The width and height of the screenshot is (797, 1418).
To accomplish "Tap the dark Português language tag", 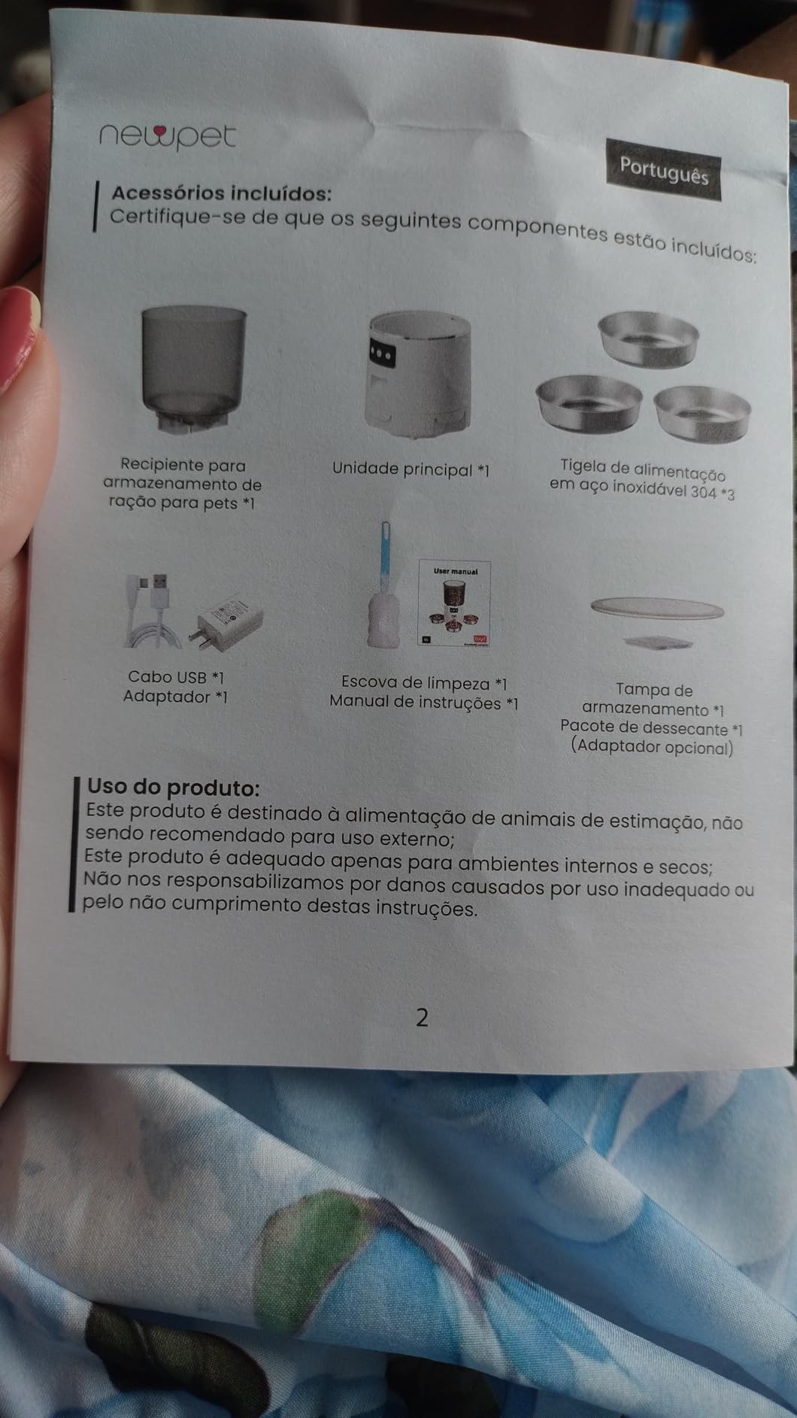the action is [x=664, y=169].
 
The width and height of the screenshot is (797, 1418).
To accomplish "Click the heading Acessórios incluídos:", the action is [x=221, y=193].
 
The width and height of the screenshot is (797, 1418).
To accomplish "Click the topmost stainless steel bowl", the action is [x=647, y=339].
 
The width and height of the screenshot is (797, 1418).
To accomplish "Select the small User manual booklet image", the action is [x=454, y=603].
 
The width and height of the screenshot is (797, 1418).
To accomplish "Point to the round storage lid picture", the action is [x=657, y=608].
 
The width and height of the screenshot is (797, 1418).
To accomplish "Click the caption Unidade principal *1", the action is [x=411, y=469].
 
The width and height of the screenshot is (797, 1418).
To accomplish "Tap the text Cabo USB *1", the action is [x=176, y=678].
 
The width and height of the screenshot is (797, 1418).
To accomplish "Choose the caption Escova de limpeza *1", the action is [x=424, y=683].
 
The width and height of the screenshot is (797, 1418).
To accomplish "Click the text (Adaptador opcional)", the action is [x=651, y=748].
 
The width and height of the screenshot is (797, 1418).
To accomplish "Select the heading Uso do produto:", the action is [x=174, y=788].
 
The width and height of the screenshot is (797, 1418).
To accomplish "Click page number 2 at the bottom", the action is [x=422, y=1018].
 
